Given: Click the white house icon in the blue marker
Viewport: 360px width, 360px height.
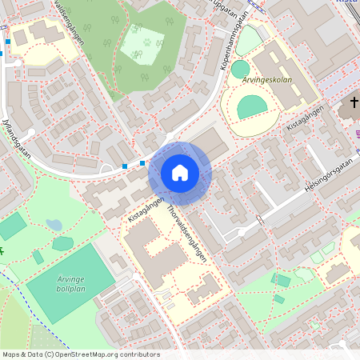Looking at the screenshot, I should (x=180, y=173).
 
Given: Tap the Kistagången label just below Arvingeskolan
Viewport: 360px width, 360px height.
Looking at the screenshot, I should (x=307, y=118).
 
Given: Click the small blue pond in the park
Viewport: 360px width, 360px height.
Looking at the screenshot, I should (x=54, y=225).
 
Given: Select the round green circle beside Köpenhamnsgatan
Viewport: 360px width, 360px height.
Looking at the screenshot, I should (x=240, y=69).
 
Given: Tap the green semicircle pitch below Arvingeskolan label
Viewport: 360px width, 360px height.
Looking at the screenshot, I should (x=252, y=106).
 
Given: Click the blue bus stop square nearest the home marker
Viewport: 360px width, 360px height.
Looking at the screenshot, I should (x=142, y=163).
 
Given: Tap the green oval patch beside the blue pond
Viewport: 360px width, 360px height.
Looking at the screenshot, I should (x=62, y=242).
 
